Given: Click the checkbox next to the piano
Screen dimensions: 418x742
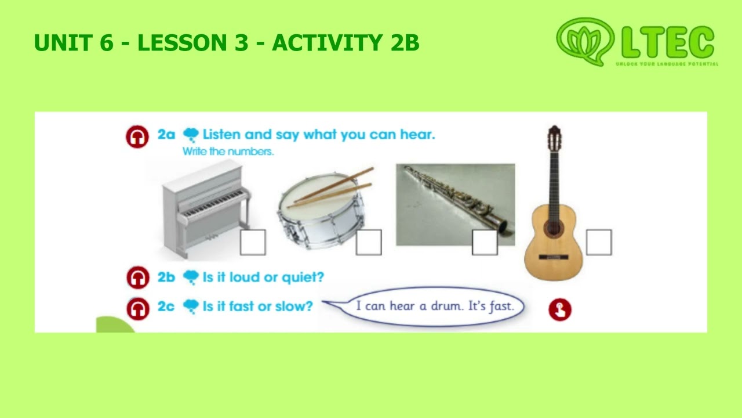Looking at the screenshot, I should click(253, 242).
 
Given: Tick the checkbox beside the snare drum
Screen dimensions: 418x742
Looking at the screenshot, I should click(369, 242).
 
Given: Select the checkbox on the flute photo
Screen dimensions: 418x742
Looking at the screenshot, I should click(485, 242).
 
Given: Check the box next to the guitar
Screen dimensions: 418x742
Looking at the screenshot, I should click(599, 242).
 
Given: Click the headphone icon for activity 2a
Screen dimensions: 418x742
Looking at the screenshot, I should click(137, 136).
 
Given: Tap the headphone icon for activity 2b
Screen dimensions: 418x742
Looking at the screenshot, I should click(137, 277).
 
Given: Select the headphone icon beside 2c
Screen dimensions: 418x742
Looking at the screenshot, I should click(137, 308).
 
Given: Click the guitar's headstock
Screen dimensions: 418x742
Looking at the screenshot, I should click(554, 138).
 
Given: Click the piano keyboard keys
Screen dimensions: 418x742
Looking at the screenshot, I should click(212, 204).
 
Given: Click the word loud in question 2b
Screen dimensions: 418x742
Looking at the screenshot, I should click(245, 277).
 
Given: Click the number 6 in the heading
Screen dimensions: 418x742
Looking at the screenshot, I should click(106, 42).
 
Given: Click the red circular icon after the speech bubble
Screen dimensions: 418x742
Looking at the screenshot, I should click(559, 309).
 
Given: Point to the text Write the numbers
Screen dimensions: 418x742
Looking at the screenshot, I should click(228, 152).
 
